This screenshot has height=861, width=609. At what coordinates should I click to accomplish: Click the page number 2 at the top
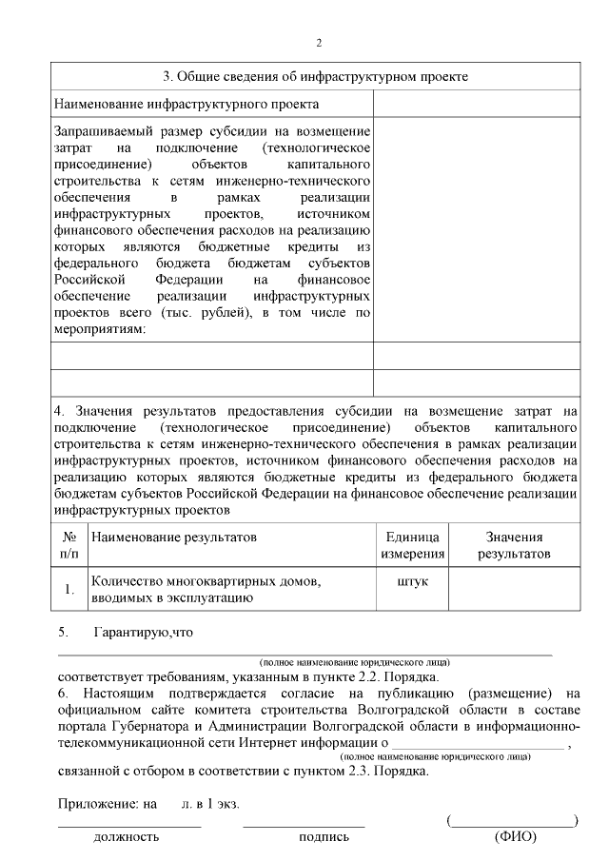(x=319, y=43)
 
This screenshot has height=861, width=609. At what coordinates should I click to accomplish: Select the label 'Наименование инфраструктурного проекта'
(x=187, y=103)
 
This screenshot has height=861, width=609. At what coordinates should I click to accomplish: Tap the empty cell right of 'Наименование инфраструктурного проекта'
(x=476, y=103)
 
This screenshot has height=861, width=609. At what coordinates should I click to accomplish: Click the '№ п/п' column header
(x=69, y=544)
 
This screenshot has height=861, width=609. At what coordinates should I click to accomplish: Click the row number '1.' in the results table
(x=69, y=589)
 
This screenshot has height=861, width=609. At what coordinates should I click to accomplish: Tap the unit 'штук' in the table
(x=411, y=580)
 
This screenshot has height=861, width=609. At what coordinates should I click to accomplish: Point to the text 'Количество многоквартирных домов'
(x=201, y=580)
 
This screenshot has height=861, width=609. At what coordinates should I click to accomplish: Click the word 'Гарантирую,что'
(x=144, y=632)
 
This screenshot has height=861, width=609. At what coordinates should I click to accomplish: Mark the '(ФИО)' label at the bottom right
(x=515, y=837)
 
